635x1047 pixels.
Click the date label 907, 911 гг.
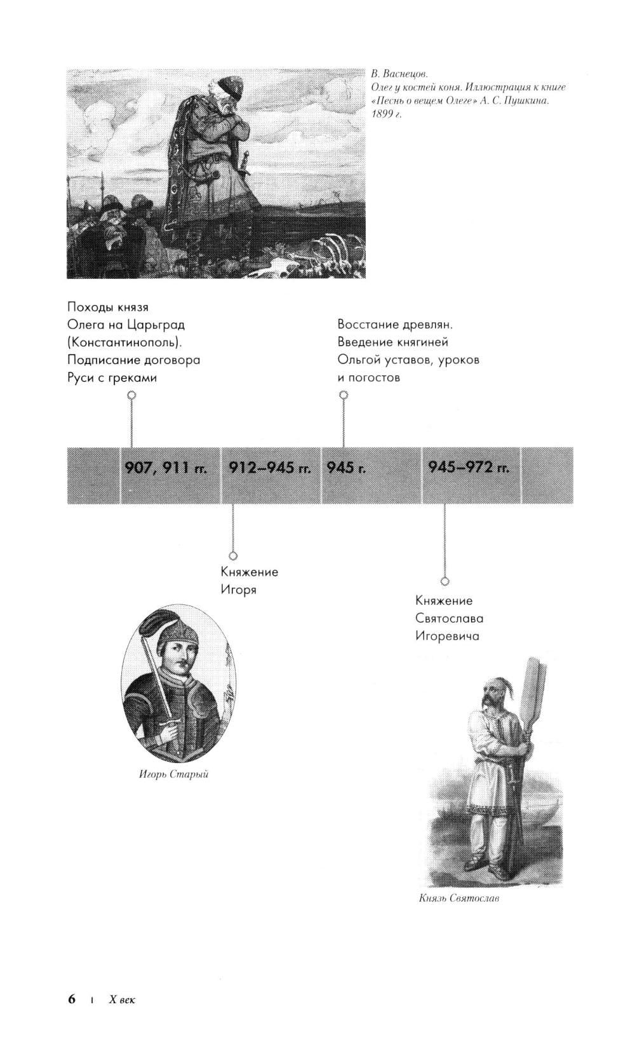(166, 468)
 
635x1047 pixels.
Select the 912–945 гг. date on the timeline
(270, 468)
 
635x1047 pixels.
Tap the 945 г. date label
(346, 468)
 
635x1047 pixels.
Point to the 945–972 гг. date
(469, 468)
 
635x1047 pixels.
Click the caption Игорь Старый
(173, 774)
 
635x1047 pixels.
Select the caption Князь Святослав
(458, 898)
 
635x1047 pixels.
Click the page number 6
(72, 999)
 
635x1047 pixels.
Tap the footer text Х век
(123, 999)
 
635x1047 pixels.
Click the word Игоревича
(447, 637)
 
